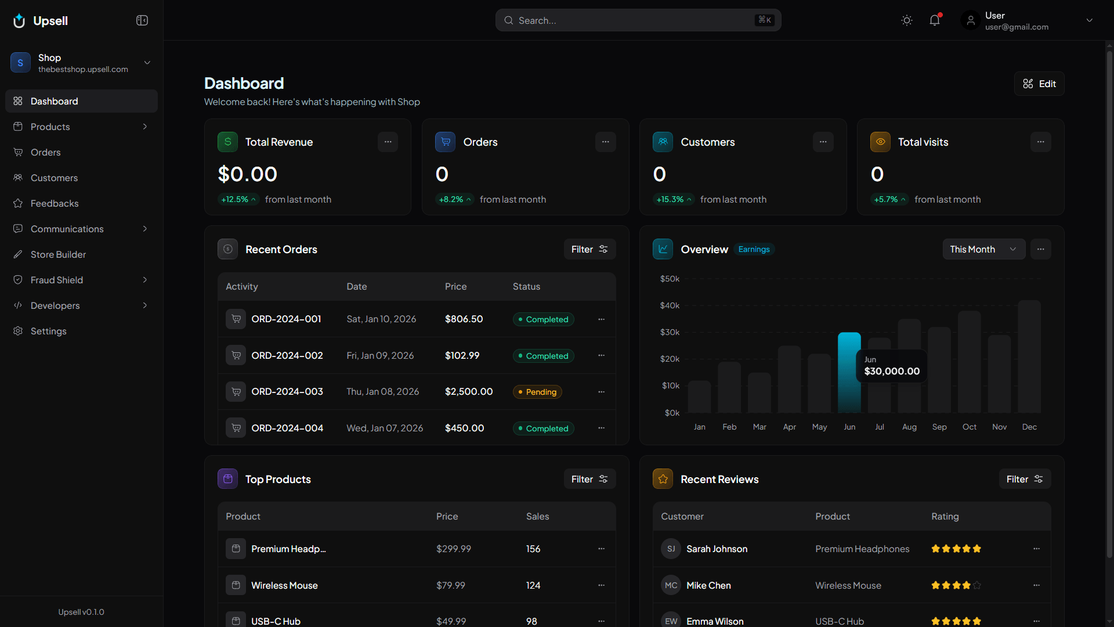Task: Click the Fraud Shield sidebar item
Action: pos(57,280)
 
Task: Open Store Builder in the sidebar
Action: pos(58,254)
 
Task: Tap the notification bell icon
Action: pos(934,20)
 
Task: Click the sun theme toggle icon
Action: pos(906,20)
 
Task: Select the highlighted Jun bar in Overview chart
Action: pos(849,372)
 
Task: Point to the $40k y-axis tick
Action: pos(670,305)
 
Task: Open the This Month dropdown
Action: pos(983,249)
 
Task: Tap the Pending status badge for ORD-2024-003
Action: pos(537,392)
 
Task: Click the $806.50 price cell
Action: pos(464,319)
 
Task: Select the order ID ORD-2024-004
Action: pos(287,428)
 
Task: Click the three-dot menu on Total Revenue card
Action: pos(388,142)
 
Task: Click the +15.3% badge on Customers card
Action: pos(673,199)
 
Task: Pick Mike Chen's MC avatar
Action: pos(671,585)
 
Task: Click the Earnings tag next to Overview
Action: pos(754,249)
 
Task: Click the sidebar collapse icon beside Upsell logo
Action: pos(142,20)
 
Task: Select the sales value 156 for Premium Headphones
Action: pos(533,549)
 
